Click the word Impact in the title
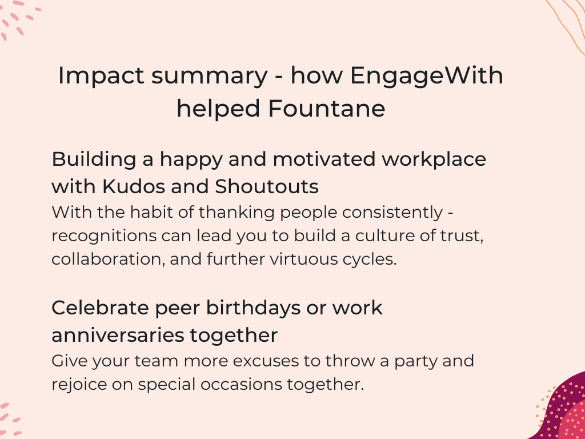[101, 76]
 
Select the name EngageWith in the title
[427, 76]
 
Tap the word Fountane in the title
[326, 109]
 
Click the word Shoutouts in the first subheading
[267, 186]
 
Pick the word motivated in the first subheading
[324, 159]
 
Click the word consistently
[392, 213]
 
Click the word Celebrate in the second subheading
[100, 308]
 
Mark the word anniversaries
[118, 335]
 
